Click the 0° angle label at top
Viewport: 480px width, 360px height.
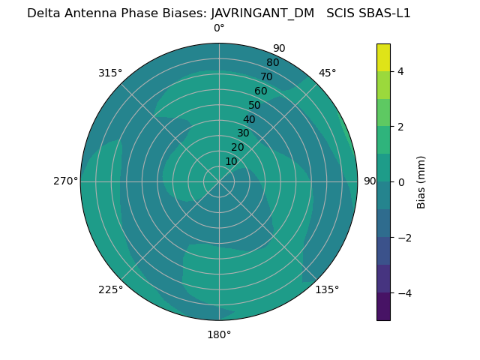[219, 28]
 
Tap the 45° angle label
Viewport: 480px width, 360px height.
[328, 73]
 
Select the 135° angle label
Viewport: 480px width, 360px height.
[327, 289]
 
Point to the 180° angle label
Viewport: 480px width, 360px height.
[219, 334]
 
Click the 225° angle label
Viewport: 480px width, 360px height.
[110, 289]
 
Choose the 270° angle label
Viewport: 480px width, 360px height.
[66, 181]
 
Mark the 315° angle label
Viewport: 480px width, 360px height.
[110, 73]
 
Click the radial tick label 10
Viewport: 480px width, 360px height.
[231, 161]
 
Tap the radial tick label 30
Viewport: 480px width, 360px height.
[243, 133]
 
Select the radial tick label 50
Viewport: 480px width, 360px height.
[254, 105]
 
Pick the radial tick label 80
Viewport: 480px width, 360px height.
[272, 63]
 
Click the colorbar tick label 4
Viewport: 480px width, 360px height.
[400, 71]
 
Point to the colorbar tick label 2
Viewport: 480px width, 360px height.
[400, 127]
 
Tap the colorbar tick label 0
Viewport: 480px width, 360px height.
[400, 182]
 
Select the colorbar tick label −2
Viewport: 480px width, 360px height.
[403, 238]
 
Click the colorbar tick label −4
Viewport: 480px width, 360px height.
[403, 293]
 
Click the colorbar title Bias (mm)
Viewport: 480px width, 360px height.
[421, 182]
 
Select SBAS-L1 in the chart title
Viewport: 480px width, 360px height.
[385, 13]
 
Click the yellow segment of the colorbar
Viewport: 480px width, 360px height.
[383, 57]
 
